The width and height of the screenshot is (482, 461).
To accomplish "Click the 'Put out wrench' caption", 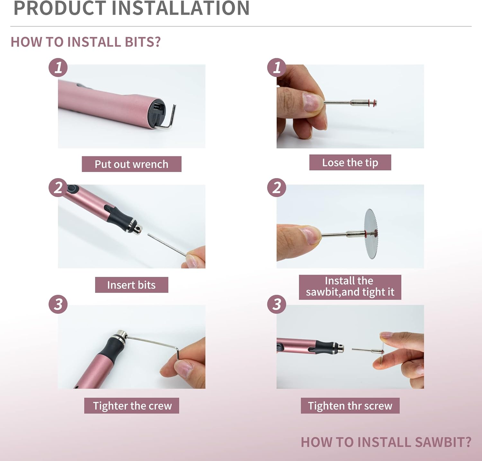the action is [x=131, y=164].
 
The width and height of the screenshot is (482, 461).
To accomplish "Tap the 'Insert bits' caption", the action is [x=131, y=285].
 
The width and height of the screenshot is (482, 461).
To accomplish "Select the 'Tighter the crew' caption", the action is [x=132, y=406].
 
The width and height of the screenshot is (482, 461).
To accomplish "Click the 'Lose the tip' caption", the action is [x=350, y=162].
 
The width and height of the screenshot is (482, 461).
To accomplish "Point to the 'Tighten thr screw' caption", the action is [x=350, y=406].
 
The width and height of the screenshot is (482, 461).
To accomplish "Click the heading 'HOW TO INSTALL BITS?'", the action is [x=85, y=42].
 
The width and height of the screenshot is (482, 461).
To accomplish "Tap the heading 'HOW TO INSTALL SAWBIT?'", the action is [x=386, y=442].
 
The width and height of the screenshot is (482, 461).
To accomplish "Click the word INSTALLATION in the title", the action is [x=180, y=8].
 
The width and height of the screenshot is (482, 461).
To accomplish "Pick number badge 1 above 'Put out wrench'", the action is [x=58, y=68].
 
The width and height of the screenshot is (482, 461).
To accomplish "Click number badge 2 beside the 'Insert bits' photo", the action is [x=58, y=188].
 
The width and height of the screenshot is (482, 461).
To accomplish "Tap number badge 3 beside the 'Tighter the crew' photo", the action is [x=58, y=304].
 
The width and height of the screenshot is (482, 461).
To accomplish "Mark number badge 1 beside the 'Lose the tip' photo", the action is [x=277, y=68].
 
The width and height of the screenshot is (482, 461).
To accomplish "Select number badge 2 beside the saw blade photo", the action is [x=277, y=188].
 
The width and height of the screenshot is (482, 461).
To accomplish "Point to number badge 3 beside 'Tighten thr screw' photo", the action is [x=277, y=304].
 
